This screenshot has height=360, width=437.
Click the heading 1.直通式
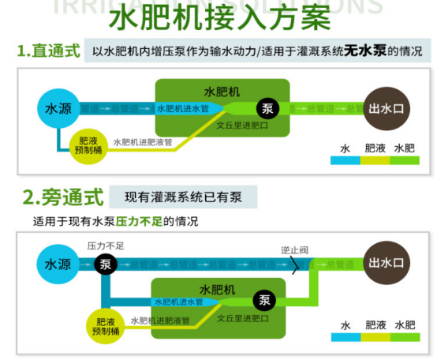49,51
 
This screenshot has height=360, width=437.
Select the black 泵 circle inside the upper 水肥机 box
267,107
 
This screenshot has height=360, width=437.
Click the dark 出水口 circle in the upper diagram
385,108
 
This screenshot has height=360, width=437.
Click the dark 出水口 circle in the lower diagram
385,263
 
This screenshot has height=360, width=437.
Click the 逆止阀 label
294,249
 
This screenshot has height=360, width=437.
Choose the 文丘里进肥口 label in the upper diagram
243,126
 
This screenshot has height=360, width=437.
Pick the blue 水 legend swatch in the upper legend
345,159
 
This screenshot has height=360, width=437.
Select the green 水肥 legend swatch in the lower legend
404,337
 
